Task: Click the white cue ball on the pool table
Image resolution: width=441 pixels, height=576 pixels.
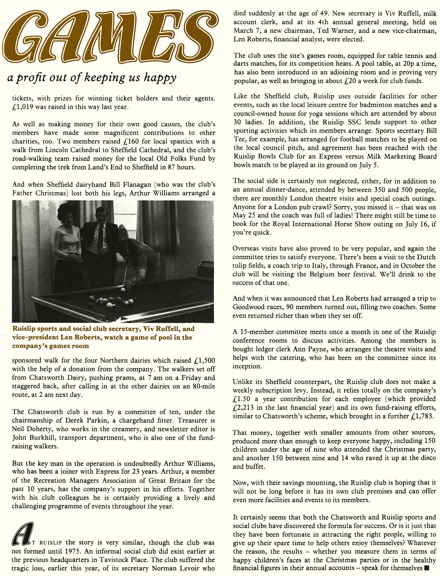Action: (x=123, y=289)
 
